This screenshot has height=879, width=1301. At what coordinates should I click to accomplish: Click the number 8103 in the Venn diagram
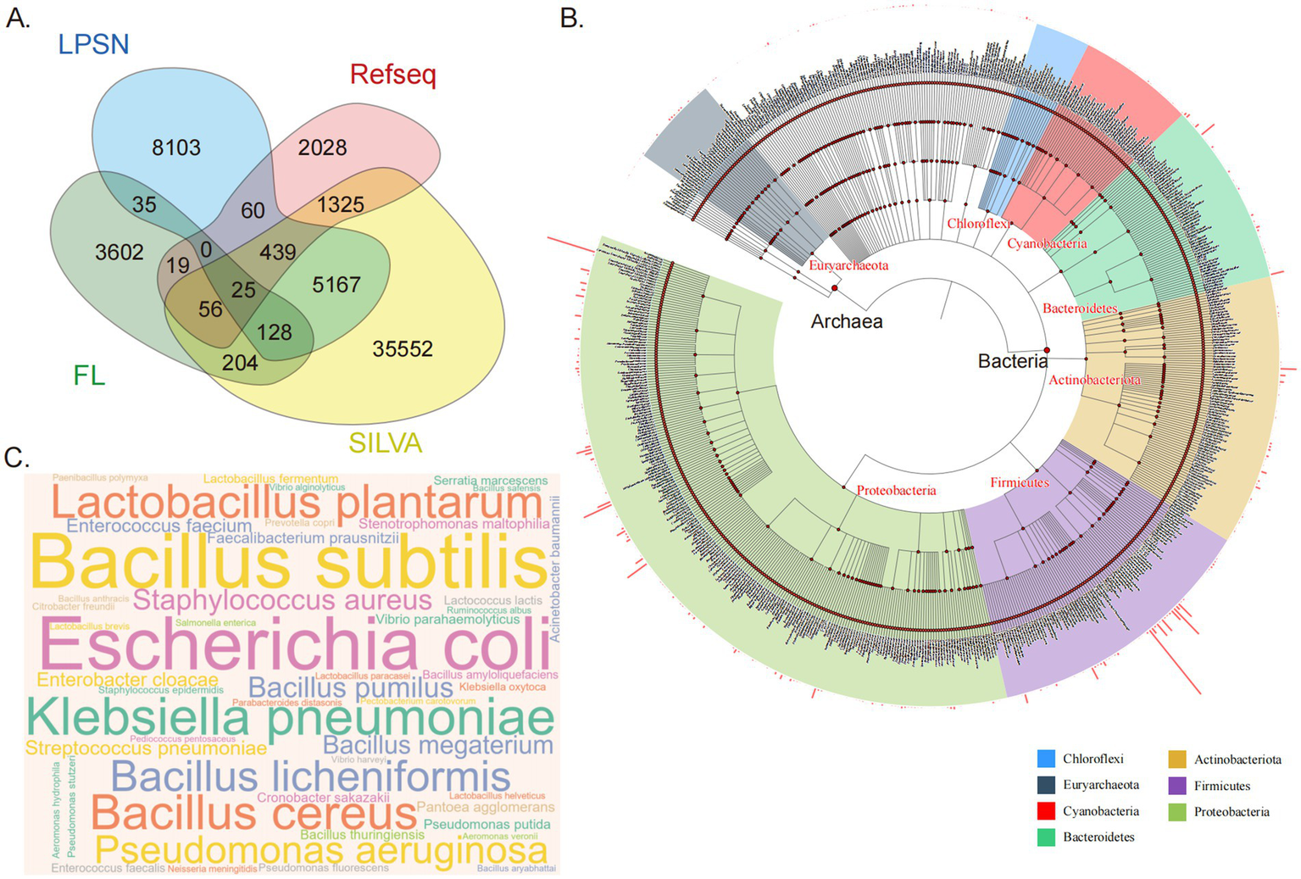coord(176,147)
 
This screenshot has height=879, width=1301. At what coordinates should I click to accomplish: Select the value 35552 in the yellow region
coord(403,348)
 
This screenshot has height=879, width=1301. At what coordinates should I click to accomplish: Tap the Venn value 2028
coord(322,147)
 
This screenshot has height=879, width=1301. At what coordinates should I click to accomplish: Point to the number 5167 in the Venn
coord(336,285)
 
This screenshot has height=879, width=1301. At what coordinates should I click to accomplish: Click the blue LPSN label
coord(94,44)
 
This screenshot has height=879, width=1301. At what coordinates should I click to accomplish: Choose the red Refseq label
coord(392,75)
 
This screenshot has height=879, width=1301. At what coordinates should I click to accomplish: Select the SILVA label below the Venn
coord(385,442)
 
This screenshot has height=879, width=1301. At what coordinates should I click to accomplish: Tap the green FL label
coord(89,375)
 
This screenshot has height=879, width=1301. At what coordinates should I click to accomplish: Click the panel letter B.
coord(572,18)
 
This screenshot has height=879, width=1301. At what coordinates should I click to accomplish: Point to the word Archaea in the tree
coord(846,321)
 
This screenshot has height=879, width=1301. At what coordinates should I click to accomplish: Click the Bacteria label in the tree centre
coord(1012,361)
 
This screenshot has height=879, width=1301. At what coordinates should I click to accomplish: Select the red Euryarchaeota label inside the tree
coord(848,265)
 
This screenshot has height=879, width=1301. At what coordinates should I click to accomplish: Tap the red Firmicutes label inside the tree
coord(1020,482)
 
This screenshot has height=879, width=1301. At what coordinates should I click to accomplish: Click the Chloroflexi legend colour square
coord(1047,759)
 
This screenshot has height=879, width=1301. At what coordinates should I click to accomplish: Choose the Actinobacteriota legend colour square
coord(1177,759)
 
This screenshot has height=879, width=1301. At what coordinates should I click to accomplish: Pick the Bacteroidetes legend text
coord(1098,837)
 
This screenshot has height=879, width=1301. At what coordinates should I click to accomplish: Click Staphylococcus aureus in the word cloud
coord(282,600)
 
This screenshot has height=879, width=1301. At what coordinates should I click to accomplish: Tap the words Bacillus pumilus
coord(350,687)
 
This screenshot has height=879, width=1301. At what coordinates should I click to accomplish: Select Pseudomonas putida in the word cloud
coord(486,824)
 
